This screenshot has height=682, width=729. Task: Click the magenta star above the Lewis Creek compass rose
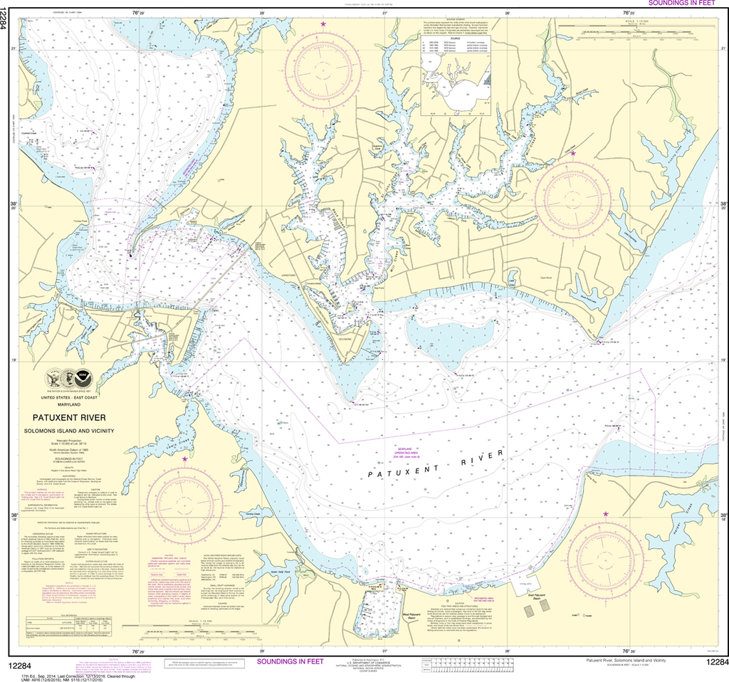coord(185,459)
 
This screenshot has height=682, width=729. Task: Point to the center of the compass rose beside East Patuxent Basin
coord(604,552)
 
